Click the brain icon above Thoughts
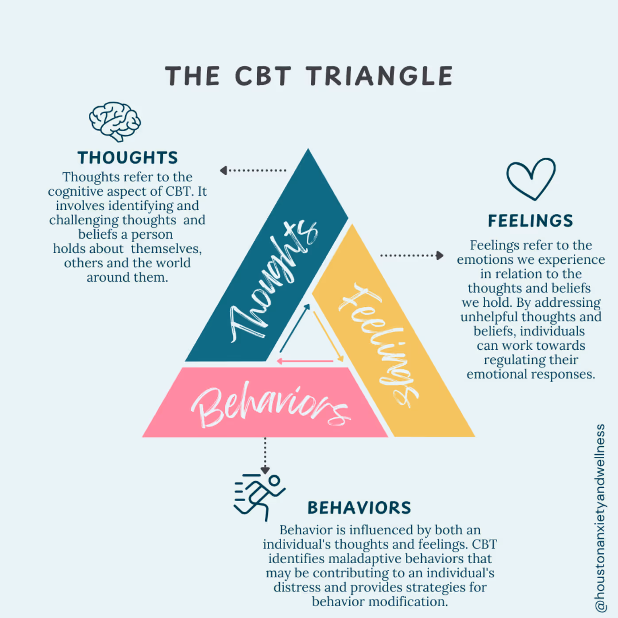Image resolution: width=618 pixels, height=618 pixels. click(x=115, y=121)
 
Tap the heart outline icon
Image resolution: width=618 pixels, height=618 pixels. click(x=531, y=178)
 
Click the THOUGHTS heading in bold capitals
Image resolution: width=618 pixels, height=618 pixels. click(x=127, y=158)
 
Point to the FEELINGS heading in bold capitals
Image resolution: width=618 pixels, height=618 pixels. click(x=530, y=220)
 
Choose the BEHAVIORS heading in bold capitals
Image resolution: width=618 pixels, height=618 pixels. click(x=359, y=508)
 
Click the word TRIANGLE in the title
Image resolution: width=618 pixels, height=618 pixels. click(x=379, y=76)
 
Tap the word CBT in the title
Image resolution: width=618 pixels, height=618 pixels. click(x=263, y=76)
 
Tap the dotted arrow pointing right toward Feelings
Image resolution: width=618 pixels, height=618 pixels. click(x=412, y=255)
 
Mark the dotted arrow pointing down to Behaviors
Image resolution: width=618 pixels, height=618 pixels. click(x=265, y=456)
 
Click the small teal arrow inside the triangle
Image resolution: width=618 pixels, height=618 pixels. click(x=295, y=328)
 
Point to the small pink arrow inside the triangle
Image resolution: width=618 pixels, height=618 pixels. click(x=305, y=361)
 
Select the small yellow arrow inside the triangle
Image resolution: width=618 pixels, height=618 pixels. click(x=328, y=336)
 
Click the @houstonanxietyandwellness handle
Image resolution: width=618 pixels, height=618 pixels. click(x=600, y=518)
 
